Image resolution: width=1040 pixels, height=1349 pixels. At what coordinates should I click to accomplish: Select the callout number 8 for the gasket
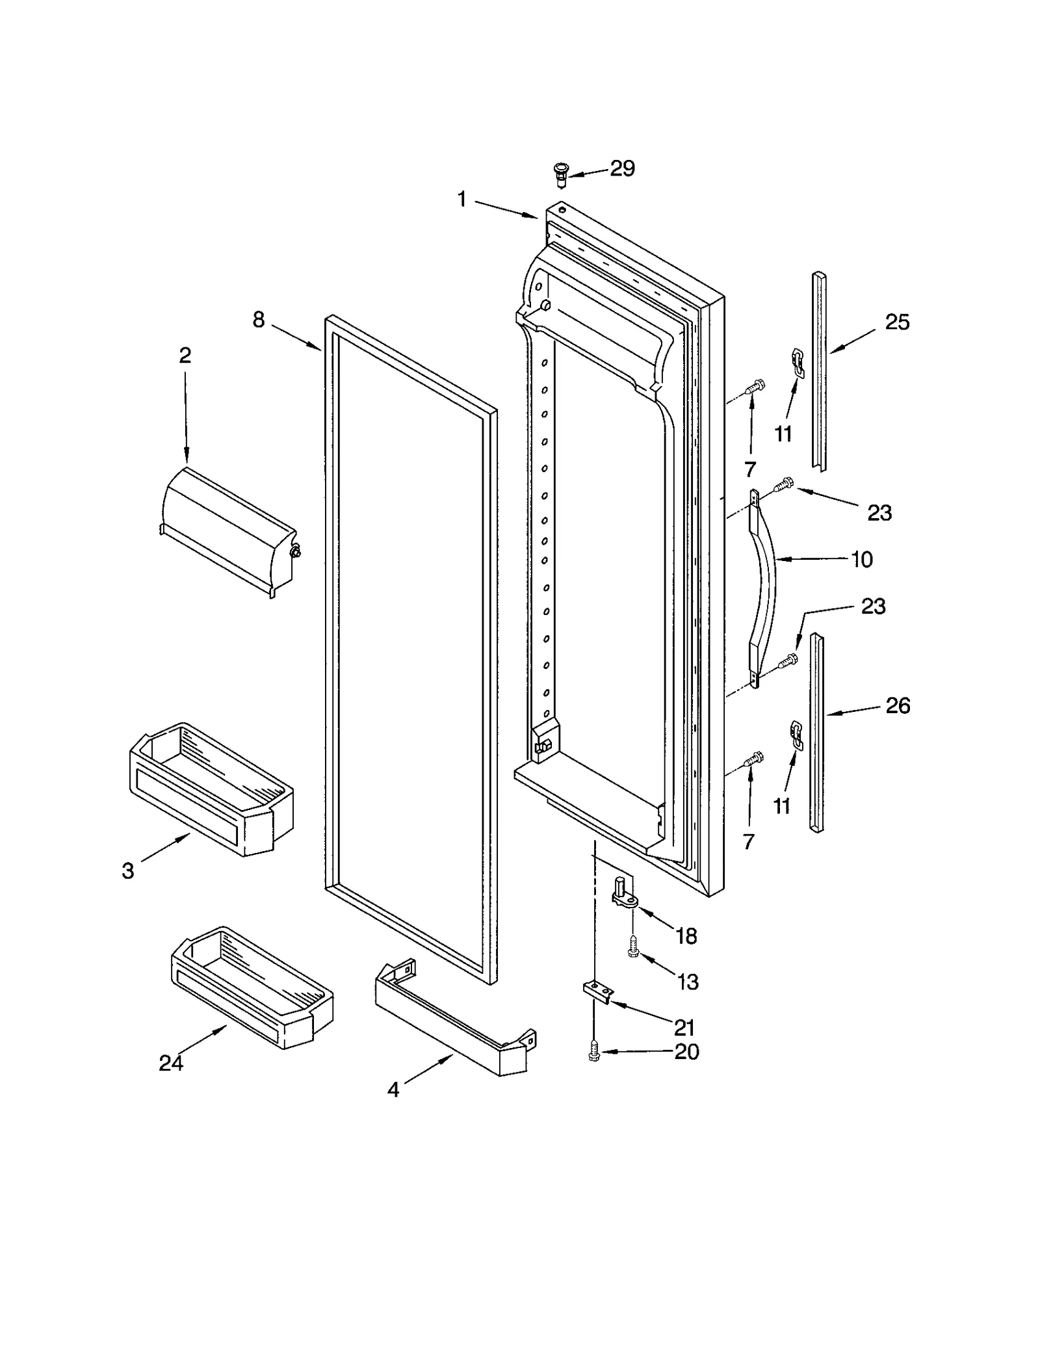(259, 320)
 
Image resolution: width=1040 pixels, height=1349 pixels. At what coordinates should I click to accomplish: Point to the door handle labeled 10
(764, 588)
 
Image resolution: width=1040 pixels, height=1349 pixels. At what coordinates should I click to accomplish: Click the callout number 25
(897, 322)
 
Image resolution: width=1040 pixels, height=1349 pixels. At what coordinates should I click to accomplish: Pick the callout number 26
(898, 705)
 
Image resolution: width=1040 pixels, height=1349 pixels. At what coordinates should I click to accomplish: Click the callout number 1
(462, 200)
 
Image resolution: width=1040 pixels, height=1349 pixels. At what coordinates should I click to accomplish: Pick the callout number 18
(686, 936)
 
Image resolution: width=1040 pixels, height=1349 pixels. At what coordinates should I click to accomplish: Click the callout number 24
(171, 1063)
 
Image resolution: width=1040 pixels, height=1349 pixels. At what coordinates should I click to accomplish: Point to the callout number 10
(862, 560)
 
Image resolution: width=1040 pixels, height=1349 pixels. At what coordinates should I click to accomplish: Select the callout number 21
(684, 1028)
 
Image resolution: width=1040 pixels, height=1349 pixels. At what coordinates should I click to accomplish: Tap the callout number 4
(393, 1090)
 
